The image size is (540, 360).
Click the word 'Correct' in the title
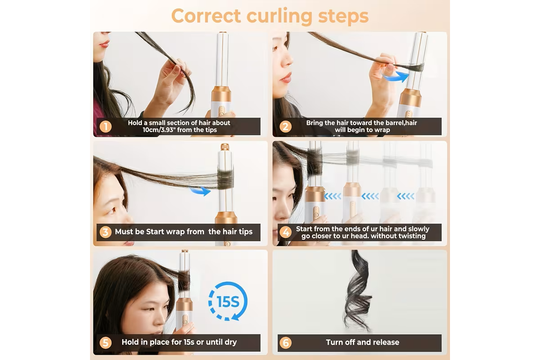[206, 16]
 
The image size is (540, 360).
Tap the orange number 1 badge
[105, 126]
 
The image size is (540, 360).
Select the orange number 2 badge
[285, 126]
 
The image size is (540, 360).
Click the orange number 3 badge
[105, 232]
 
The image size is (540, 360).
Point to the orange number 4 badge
[285, 232]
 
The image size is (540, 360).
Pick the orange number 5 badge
[105, 342]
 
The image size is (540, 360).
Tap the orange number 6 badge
[285, 342]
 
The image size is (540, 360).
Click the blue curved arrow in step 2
[396, 76]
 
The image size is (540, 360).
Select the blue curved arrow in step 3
[200, 191]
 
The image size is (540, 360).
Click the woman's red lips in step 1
[104, 45]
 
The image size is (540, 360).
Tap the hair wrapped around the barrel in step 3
[225, 179]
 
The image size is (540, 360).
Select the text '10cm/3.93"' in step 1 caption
[158, 130]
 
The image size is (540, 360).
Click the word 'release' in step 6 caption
[386, 342]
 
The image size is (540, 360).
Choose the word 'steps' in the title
[343, 16]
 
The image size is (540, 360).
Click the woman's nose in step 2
[287, 62]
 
